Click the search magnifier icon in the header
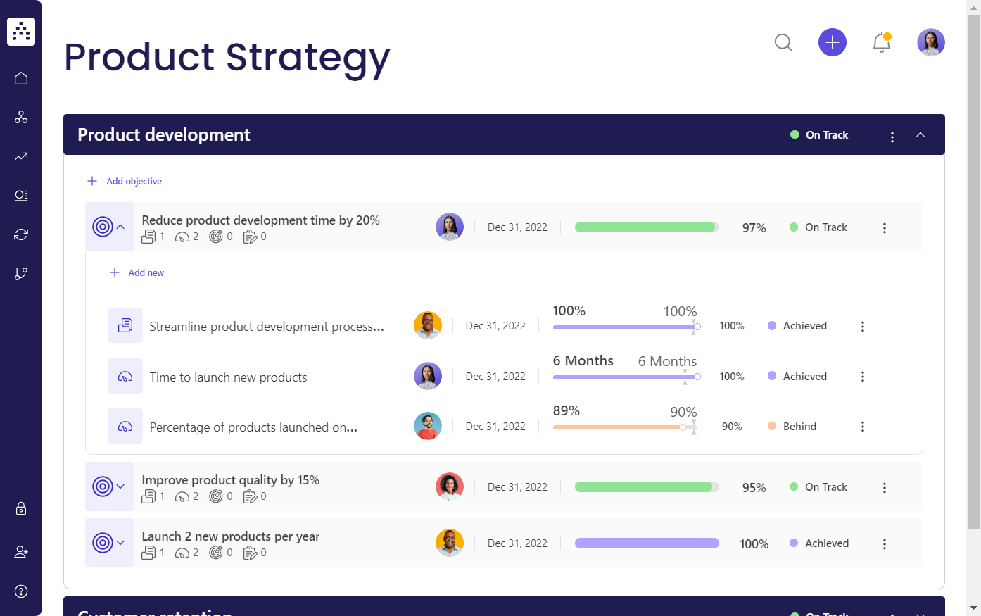[783, 43]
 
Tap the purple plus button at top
[832, 43]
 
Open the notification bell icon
[881, 43]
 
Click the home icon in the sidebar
[21, 78]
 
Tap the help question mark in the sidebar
[21, 591]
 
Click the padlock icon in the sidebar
[21, 508]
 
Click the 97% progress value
[754, 228]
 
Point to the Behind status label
[799, 427]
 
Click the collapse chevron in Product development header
[920, 135]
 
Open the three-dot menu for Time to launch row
[862, 377]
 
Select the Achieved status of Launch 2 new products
[826, 543]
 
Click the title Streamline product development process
[267, 327]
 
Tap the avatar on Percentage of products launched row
[428, 427]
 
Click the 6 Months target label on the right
[667, 362]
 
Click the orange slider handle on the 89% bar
[683, 427]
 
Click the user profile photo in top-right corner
[930, 43]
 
